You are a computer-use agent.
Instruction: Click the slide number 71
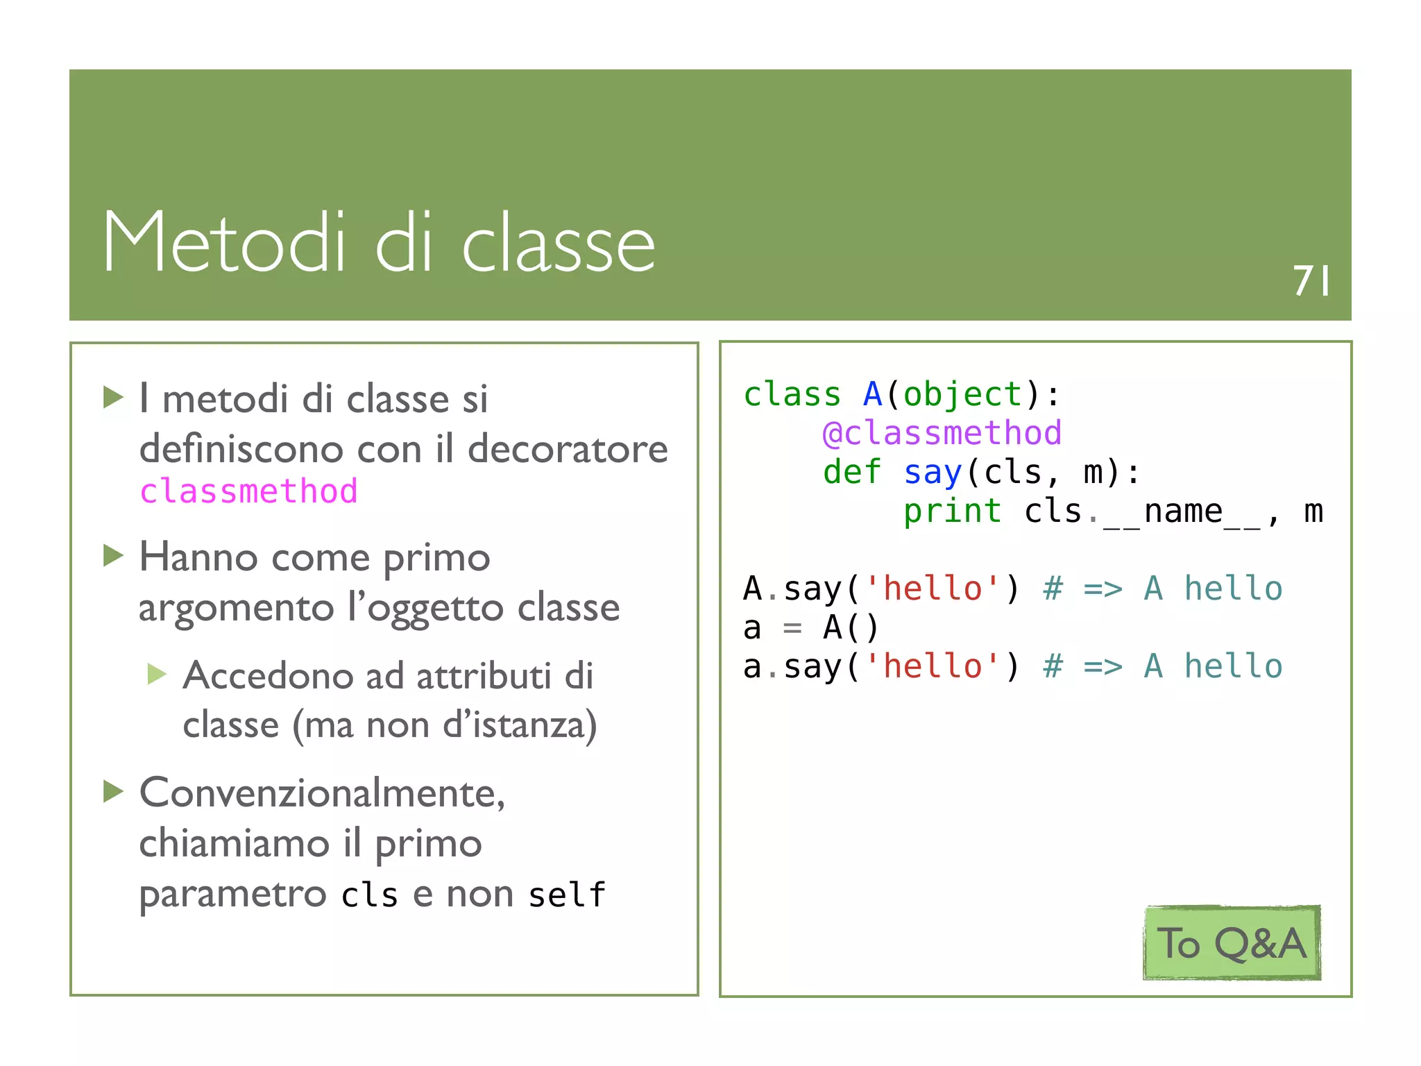(x=1311, y=281)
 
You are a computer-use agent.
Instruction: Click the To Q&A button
(x=1232, y=943)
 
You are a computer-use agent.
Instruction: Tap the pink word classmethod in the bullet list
(x=248, y=491)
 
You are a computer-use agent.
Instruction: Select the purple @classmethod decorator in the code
(x=942, y=434)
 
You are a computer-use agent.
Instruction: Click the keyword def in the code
(x=851, y=473)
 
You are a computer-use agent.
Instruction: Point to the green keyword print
(x=951, y=511)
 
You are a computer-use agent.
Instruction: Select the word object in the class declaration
(x=962, y=395)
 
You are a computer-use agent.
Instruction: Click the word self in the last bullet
(x=566, y=895)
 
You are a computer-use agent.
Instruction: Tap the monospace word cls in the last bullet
(x=369, y=895)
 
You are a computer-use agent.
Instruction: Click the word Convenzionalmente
(x=322, y=793)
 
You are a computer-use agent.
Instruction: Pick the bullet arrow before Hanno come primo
(x=113, y=556)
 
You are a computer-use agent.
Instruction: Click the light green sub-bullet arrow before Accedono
(x=158, y=674)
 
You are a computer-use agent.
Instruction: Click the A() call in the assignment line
(x=850, y=628)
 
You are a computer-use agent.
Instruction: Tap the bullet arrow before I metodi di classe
(x=113, y=398)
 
